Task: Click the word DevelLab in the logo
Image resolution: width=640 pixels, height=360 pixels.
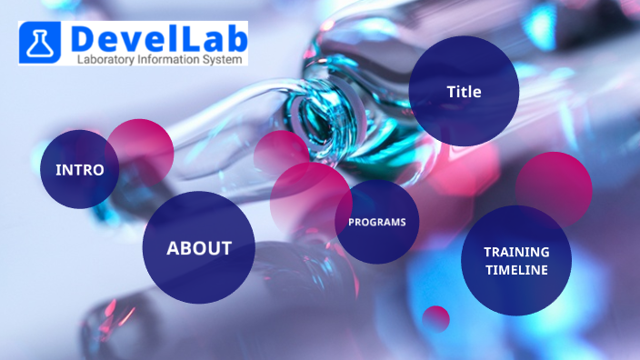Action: (156, 39)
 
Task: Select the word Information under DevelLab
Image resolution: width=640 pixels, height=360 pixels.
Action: (178, 59)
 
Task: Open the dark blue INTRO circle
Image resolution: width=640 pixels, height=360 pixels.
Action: (78, 170)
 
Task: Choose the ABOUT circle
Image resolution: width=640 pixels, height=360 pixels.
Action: (198, 247)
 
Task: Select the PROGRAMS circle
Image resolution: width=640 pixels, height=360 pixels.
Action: (376, 222)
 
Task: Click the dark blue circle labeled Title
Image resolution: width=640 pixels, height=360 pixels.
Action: (464, 91)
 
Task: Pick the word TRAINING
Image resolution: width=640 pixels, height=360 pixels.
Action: (515, 251)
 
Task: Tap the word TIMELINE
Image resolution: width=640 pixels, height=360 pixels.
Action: (515, 270)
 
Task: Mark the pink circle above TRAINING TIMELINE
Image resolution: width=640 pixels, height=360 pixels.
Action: (555, 186)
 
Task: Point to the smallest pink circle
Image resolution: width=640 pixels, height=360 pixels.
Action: (436, 318)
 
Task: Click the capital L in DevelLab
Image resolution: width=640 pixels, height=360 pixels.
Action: (185, 39)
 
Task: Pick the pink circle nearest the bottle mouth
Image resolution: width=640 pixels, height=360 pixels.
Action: (280, 152)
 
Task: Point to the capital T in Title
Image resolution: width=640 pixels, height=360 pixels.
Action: (450, 92)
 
